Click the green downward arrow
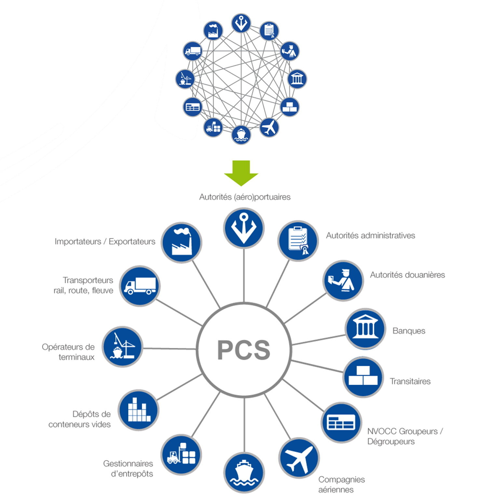241,173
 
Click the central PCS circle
244,350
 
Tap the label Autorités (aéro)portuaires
245,197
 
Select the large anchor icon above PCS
244,228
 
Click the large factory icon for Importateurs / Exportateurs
182,243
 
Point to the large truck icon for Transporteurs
140,286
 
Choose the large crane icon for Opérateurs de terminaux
123,347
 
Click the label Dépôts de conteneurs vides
80,419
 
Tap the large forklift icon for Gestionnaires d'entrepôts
181,454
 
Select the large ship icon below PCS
244,473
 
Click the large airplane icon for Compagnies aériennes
299,458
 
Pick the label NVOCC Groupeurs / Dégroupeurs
405,436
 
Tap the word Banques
409,331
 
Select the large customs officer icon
343,280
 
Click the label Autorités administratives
371,236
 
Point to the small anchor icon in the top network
241,23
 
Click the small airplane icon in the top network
269,127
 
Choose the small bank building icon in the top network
297,79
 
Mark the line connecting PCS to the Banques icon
318,340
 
